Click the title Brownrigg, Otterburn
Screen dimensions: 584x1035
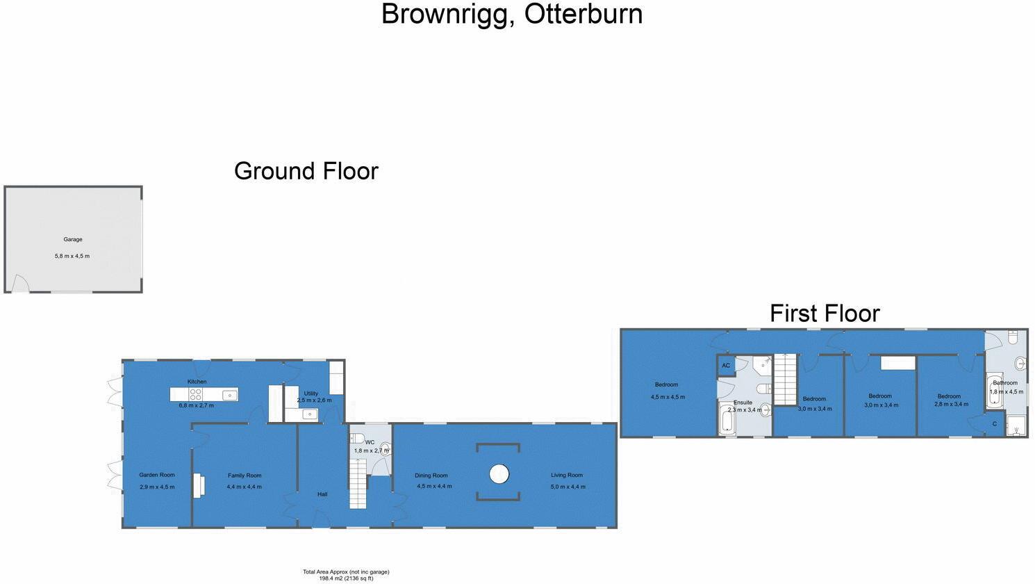pyautogui.click(x=512, y=15)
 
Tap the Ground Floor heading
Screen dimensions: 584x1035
pyautogui.click(x=306, y=171)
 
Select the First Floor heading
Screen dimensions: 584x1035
pyautogui.click(x=825, y=314)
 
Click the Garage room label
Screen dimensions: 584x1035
pyautogui.click(x=73, y=239)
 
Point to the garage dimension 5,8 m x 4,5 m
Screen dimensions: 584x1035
pyautogui.click(x=72, y=256)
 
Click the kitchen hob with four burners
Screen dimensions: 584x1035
pyautogui.click(x=196, y=394)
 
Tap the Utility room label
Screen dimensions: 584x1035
pyautogui.click(x=310, y=394)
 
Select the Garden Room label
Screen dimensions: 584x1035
pyautogui.click(x=157, y=475)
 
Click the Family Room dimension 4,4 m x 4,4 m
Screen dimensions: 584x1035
pyautogui.click(x=245, y=487)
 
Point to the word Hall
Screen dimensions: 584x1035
pyautogui.click(x=322, y=494)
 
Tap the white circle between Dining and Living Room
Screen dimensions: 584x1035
pyautogui.click(x=499, y=474)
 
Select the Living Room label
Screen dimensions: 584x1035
pyautogui.click(x=567, y=475)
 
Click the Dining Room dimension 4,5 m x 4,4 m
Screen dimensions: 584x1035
pyautogui.click(x=434, y=486)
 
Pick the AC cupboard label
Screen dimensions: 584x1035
pyautogui.click(x=726, y=366)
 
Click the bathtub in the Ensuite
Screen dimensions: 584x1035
pyautogui.click(x=728, y=419)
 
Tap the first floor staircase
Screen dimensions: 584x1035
pyautogui.click(x=786, y=379)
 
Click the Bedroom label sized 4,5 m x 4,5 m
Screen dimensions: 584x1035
pyautogui.click(x=666, y=384)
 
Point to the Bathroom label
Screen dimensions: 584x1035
pyautogui.click(x=1005, y=382)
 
